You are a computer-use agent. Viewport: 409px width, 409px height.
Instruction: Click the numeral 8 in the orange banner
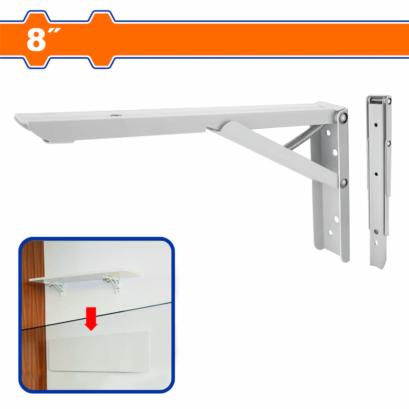[x=36, y=40]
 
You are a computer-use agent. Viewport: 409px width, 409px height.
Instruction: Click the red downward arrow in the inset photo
[x=91, y=319]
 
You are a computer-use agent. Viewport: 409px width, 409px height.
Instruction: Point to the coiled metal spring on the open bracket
[x=304, y=137]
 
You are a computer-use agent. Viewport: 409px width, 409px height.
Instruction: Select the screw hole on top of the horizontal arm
[x=114, y=115]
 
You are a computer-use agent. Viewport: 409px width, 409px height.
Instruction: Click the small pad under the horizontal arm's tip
[x=58, y=141]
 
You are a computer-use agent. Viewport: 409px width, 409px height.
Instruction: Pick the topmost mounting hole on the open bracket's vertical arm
[x=328, y=133]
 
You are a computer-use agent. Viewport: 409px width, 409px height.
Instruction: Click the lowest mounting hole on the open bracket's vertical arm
[x=330, y=232]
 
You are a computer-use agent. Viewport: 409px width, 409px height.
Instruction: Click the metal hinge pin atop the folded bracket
[x=377, y=100]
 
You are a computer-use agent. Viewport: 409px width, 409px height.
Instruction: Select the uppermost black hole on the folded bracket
[x=376, y=125]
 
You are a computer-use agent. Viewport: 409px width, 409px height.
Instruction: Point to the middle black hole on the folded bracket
[x=376, y=174]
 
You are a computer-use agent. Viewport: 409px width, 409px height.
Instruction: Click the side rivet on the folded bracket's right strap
[x=388, y=143]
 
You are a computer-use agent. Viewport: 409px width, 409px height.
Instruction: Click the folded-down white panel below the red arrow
[x=99, y=351]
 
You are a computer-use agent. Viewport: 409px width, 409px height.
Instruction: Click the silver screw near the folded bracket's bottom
[x=376, y=231]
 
